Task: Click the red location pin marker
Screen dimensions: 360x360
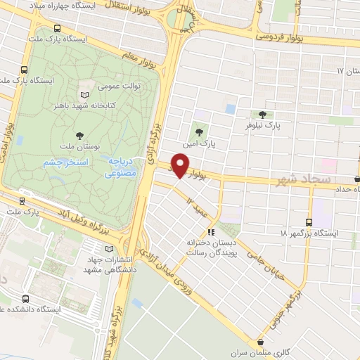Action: point(181,165)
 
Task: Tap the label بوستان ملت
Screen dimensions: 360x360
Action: point(77,148)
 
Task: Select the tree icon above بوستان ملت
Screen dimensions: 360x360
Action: point(78,135)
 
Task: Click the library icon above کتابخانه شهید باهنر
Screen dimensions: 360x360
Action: point(85,94)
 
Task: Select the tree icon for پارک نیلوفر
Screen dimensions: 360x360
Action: point(262,114)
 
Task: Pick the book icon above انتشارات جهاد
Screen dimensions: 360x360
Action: point(108,248)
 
